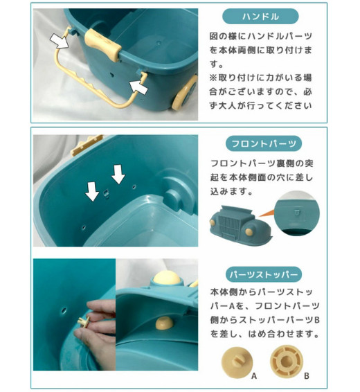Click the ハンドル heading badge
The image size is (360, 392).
coord(260,17)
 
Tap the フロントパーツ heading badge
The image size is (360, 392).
coord(264,143)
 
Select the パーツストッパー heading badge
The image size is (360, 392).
coord(264,274)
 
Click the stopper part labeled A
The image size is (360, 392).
coord(237,362)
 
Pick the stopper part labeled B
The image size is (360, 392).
coord(287,362)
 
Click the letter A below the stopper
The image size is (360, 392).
coord(254,376)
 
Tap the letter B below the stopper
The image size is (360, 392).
coord(307,376)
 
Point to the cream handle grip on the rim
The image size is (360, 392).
coord(102,45)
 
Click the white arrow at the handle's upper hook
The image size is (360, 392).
coord(60,41)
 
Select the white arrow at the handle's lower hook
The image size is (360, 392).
coord(138,87)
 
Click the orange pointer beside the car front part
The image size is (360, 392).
coord(266,213)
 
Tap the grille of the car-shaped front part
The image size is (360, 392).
coord(228,226)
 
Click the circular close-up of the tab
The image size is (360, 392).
coord(297,213)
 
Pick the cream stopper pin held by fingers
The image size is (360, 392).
coord(84,321)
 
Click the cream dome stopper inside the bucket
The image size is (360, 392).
coord(164,323)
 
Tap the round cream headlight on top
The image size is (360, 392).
coord(166,278)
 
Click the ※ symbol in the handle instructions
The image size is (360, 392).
coord(213,78)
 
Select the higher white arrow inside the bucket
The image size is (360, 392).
coord(118,175)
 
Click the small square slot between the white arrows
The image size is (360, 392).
coord(106,193)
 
